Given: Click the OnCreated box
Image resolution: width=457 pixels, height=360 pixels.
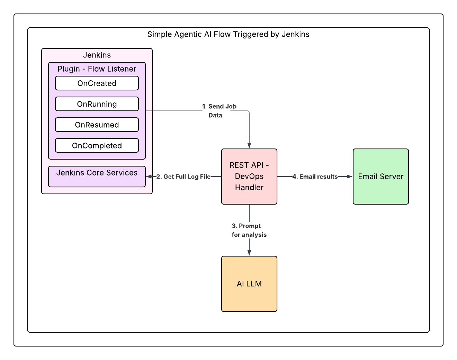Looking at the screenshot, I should tap(97, 83).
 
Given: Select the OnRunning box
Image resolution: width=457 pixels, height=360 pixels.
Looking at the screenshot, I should tap(97, 104).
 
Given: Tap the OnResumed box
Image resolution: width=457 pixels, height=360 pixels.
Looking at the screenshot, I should tap(97, 125).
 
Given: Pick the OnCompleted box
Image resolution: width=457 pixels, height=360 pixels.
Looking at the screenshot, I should tap(97, 146).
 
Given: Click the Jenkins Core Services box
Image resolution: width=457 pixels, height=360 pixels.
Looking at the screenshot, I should tap(97, 177).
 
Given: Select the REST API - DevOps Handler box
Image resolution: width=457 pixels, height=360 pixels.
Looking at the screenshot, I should tap(249, 177).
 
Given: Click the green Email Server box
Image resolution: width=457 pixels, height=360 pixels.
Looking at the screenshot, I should tap(381, 177).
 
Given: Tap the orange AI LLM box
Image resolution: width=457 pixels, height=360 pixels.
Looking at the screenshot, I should tap(249, 284).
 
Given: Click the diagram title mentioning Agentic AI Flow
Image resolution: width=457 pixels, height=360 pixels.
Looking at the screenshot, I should tap(228, 34).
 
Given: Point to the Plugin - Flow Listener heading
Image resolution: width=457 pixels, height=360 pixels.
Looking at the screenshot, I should tap(97, 69).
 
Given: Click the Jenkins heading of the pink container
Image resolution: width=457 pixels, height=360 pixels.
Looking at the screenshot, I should tap(97, 55).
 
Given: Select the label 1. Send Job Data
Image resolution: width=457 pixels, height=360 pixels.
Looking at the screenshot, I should tap(219, 111).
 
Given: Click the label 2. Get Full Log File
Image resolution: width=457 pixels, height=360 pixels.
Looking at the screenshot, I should tap(183, 177).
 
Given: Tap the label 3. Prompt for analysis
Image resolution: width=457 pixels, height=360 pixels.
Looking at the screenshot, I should tap(249, 230).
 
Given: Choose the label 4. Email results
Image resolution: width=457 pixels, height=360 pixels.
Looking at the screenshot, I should tap(315, 177).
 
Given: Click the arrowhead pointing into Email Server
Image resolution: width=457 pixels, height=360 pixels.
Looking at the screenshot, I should tap(350, 177).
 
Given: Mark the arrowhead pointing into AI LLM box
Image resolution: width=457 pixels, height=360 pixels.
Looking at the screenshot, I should tap(249, 253).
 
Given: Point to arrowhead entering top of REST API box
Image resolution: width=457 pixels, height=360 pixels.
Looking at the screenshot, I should tap(249, 145).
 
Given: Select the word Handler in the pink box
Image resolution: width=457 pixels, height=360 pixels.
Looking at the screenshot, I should tap(249, 188).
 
